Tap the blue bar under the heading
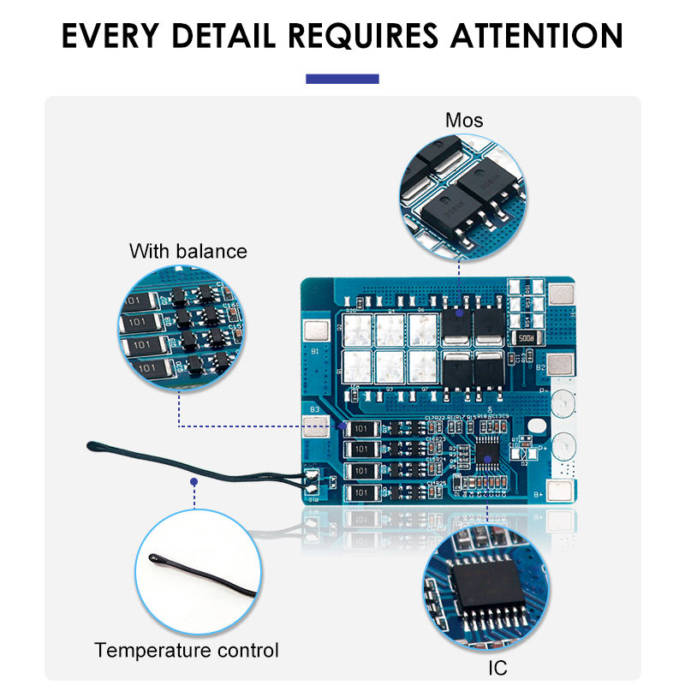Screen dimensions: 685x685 (342, 79)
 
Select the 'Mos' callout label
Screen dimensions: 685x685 (464, 120)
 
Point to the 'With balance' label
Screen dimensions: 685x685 (188, 251)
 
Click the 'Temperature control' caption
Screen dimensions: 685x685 (187, 650)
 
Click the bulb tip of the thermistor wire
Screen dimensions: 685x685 (92, 444)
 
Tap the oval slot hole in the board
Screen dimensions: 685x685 (533, 426)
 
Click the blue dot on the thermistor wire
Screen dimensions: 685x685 (194, 482)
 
